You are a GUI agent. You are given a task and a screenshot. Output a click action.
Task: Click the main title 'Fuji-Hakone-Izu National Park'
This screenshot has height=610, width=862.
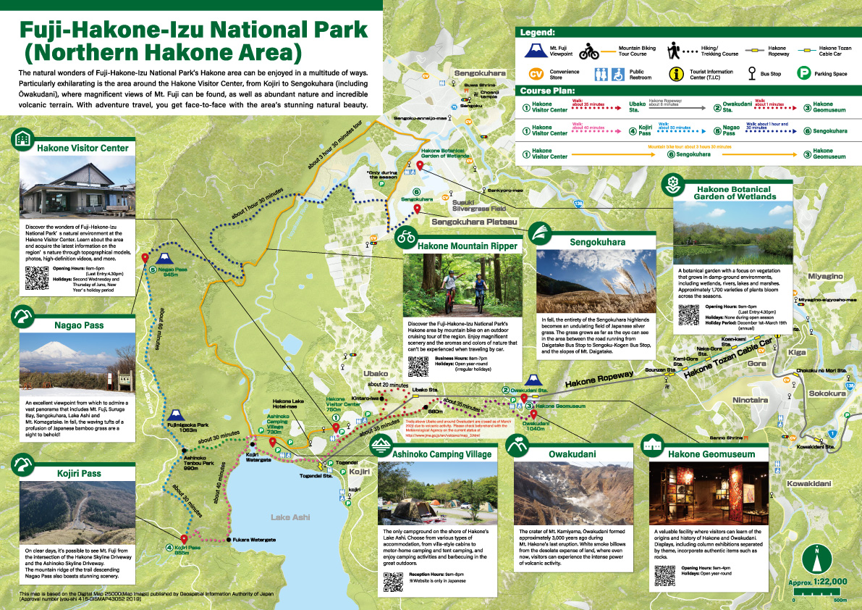click(193, 30)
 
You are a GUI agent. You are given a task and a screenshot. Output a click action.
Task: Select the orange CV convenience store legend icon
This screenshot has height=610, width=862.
click(536, 75)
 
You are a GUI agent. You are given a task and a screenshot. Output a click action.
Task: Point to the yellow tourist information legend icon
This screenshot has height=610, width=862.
click(676, 74)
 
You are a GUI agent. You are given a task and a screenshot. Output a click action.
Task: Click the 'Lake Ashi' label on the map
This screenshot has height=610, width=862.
click(290, 517)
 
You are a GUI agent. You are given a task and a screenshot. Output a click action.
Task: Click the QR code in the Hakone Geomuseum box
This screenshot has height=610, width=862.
click(665, 575)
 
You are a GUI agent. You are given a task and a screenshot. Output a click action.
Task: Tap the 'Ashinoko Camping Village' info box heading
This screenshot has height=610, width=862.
click(441, 454)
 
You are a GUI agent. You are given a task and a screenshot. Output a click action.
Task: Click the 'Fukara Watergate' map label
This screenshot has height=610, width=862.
click(253, 540)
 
